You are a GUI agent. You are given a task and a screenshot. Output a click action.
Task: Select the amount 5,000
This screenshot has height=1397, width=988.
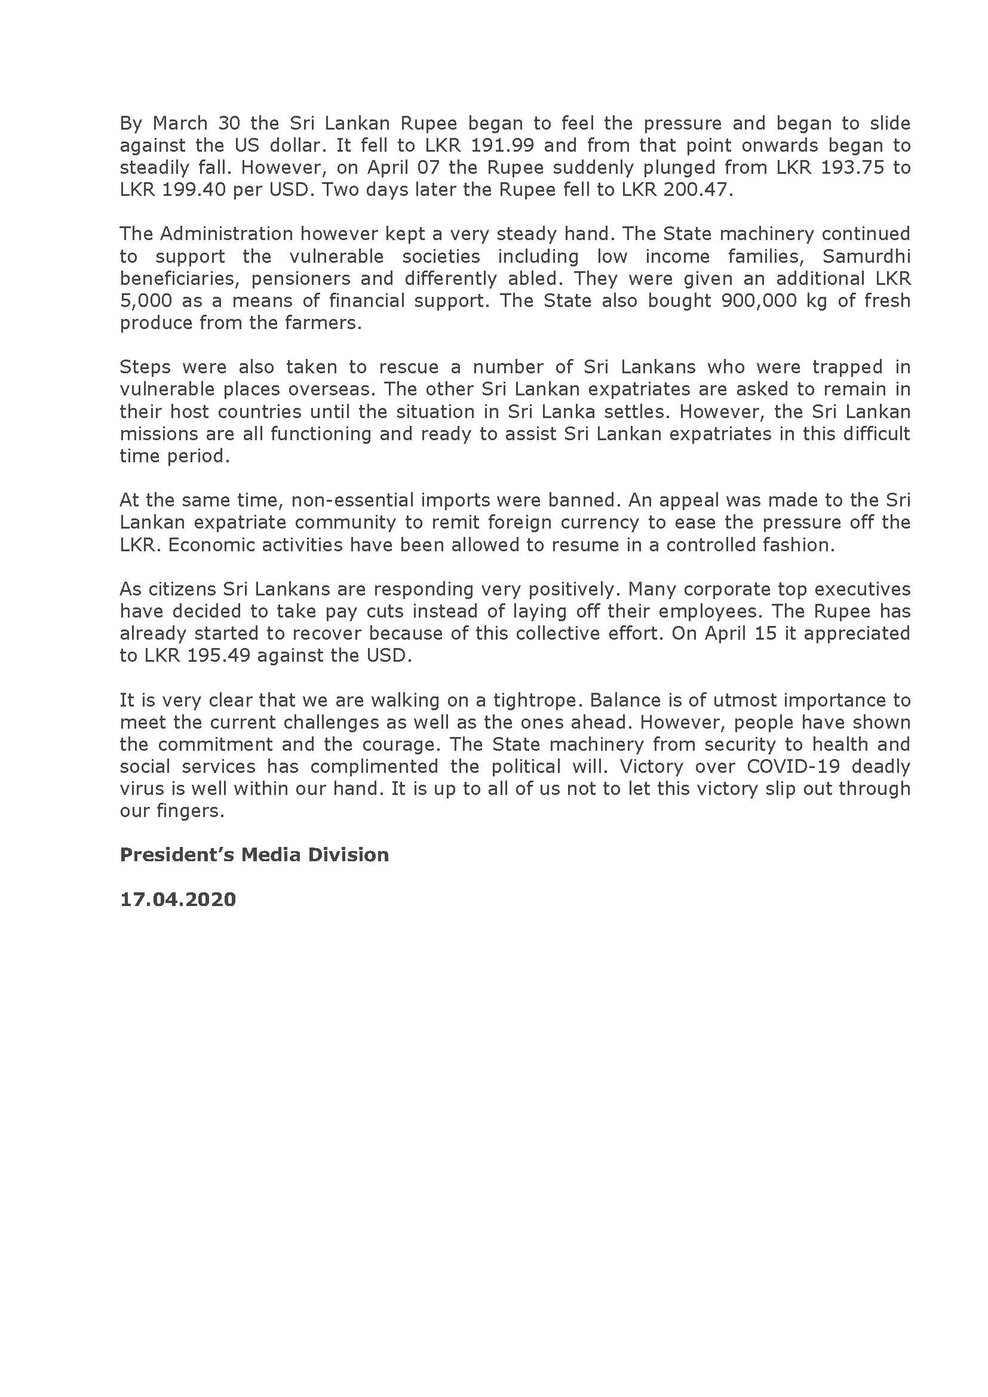tap(145, 300)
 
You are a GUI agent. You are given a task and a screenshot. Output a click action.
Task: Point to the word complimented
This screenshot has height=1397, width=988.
tap(374, 767)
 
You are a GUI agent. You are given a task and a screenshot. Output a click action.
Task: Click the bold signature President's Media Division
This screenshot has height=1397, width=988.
tap(254, 855)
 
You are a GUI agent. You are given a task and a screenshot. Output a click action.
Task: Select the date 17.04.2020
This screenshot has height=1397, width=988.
tap(177, 899)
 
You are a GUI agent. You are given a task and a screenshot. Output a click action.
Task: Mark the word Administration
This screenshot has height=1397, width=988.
tap(227, 234)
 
